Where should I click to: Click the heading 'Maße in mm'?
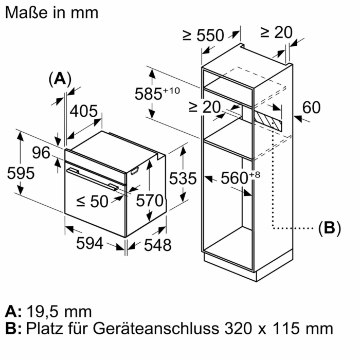click(x=51, y=12)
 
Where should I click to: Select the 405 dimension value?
click(x=83, y=111)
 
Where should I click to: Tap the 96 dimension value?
click(x=42, y=153)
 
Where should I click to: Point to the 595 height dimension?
click(x=21, y=173)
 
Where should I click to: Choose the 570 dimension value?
click(x=149, y=200)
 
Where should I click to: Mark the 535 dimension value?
click(x=183, y=178)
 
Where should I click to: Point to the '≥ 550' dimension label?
click(x=203, y=35)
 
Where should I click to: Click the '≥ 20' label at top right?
click(x=276, y=32)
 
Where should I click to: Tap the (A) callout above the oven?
click(x=60, y=79)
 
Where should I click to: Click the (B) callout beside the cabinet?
click(x=329, y=228)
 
